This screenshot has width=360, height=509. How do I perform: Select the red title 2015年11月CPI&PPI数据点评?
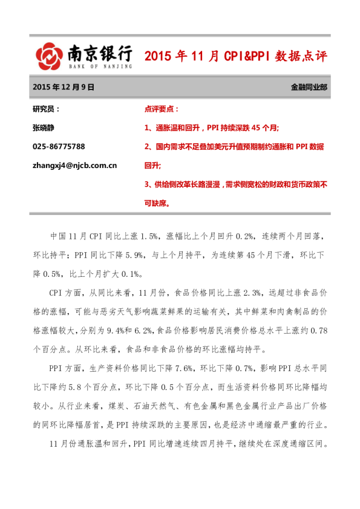click(236, 57)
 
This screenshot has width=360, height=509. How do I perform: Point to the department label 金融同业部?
click(309, 87)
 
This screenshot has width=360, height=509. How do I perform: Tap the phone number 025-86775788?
click(59, 147)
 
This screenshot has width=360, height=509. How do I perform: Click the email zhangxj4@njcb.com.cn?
click(74, 165)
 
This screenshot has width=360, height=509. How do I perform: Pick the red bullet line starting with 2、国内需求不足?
click(234, 147)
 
